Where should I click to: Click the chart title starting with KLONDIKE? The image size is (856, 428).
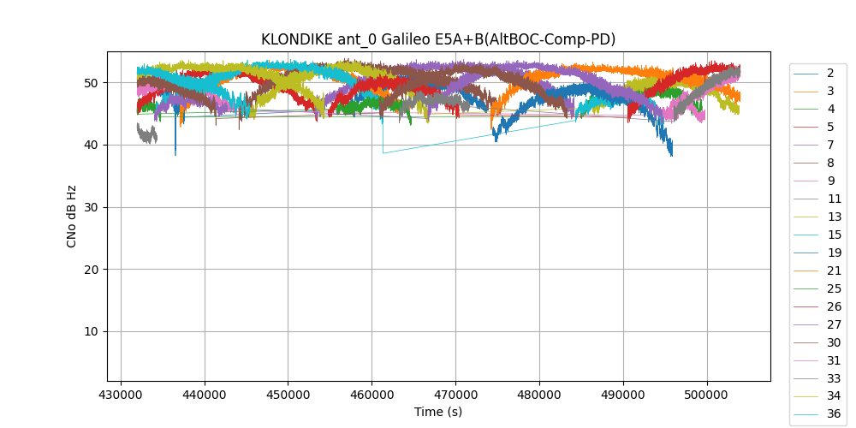438,39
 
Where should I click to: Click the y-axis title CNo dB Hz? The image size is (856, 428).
71,216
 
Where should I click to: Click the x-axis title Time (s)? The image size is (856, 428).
438,412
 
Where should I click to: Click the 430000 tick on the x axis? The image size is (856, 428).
120,396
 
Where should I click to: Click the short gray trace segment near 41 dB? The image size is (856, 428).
146,134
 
